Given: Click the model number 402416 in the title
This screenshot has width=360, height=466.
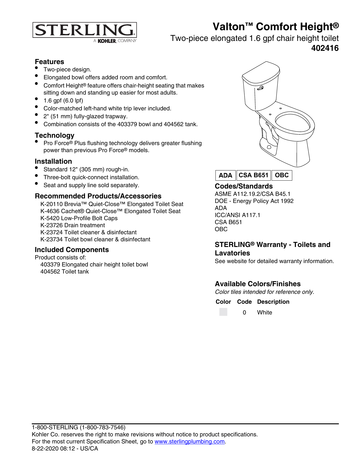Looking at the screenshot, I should (x=325, y=48).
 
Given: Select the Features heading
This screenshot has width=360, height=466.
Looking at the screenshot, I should (x=49, y=62).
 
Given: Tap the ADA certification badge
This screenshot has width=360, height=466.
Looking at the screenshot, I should (x=225, y=175).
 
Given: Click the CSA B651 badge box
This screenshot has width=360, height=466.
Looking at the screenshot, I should (x=253, y=175).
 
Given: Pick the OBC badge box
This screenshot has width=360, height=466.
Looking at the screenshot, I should (x=282, y=175).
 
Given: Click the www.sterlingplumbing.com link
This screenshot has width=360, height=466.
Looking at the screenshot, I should (x=189, y=441).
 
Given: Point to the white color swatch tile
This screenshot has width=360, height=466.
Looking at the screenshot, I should (x=223, y=312).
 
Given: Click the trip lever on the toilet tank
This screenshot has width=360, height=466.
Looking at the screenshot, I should (x=260, y=88).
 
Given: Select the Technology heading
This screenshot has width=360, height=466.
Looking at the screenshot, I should (x=54, y=135).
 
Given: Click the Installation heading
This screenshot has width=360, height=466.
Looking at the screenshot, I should (x=53, y=161).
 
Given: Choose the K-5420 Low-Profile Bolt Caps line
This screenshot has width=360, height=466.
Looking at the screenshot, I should (x=79, y=218).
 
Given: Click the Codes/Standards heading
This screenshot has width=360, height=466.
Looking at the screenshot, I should (x=244, y=186).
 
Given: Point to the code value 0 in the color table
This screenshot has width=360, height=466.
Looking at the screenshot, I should (x=244, y=312).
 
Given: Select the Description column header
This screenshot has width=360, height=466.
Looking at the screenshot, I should (x=273, y=302).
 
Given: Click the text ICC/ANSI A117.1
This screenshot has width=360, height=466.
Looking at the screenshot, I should (x=237, y=215).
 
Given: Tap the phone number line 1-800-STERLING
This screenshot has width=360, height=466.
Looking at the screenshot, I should (x=78, y=427).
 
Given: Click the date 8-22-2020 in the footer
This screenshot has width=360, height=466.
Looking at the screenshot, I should (x=45, y=449).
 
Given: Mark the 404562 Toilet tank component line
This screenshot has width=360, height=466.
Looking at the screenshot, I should (x=65, y=272).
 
